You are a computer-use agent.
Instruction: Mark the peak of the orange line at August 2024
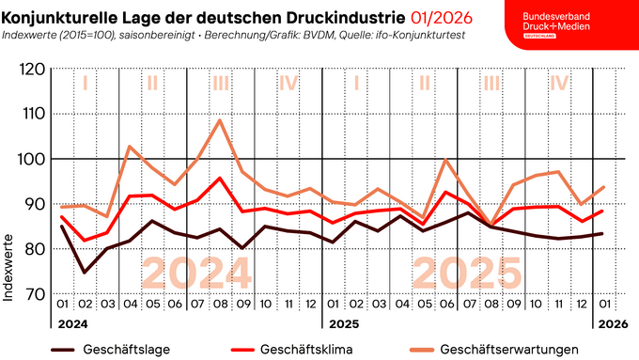[x=220, y=120]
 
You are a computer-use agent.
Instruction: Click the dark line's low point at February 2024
[x=85, y=273]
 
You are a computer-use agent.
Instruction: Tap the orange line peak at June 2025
[x=447, y=160]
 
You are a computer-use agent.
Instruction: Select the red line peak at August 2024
[x=220, y=178]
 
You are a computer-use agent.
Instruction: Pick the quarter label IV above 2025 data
[x=559, y=83]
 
